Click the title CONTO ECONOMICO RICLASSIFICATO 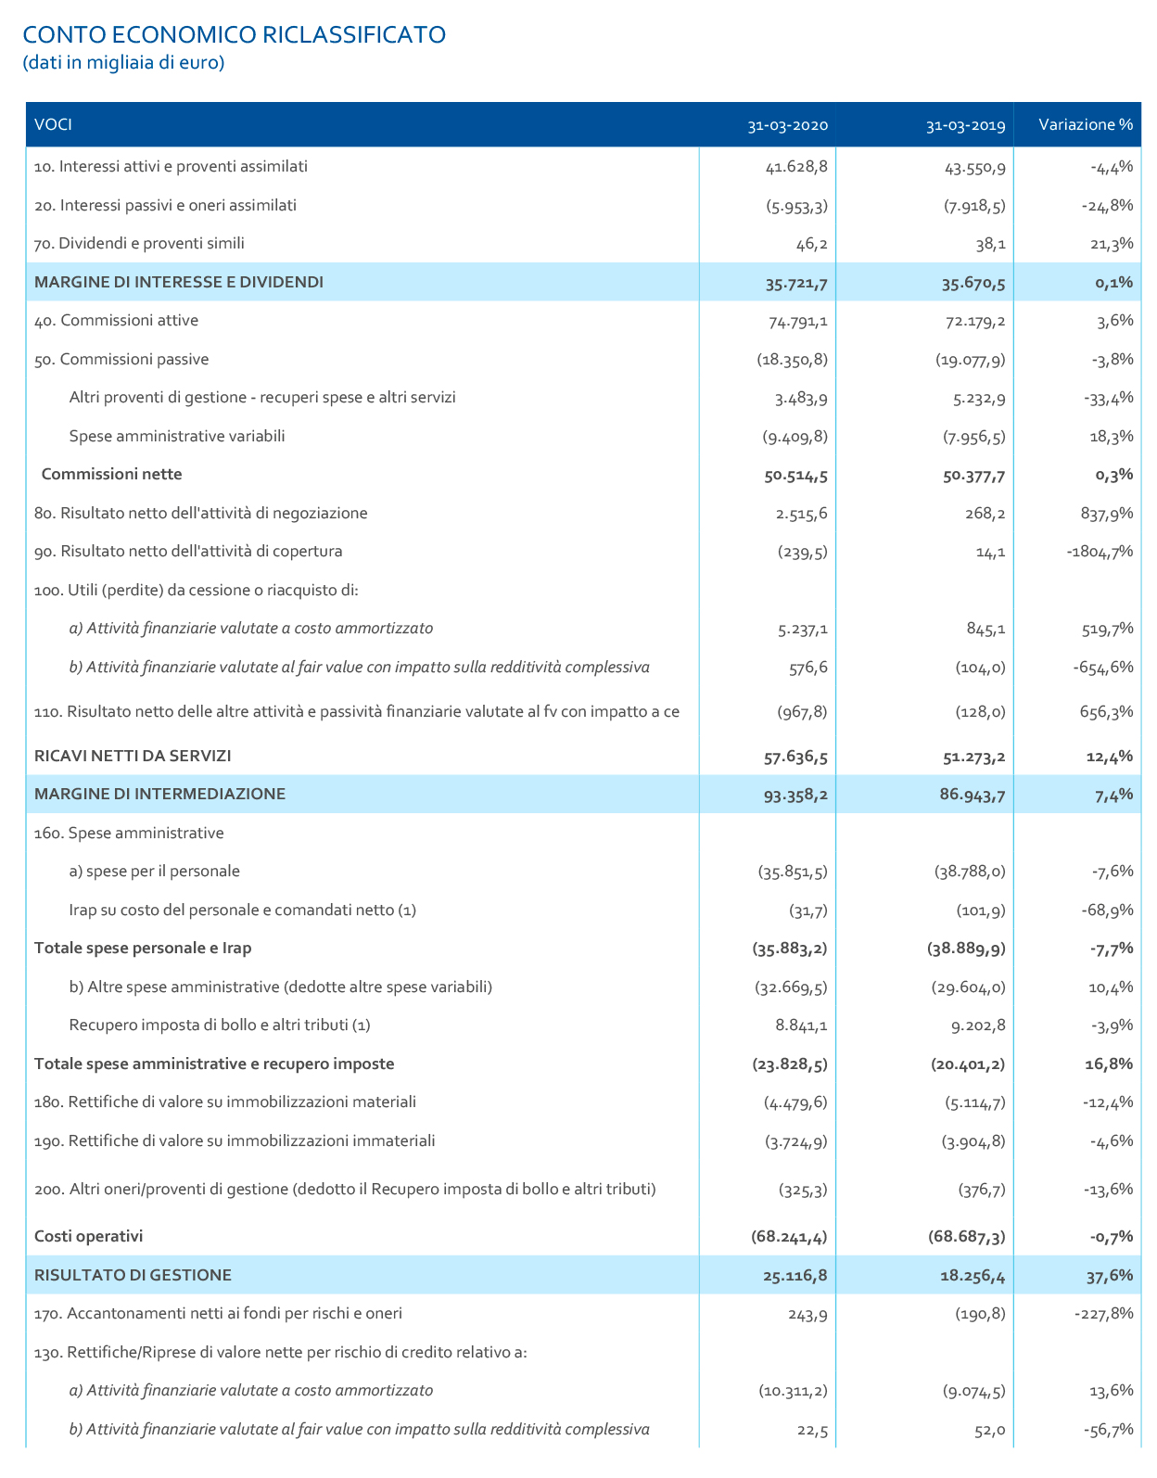[x=234, y=34]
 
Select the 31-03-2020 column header [x=787, y=125]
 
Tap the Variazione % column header [x=1086, y=125]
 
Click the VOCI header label [x=53, y=125]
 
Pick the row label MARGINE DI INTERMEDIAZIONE [x=159, y=794]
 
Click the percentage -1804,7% [x=1100, y=552]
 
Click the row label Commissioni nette [x=111, y=475]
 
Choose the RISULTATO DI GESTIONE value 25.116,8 [x=795, y=1276]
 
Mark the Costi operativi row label [x=88, y=1236]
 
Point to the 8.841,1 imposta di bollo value [x=801, y=1026]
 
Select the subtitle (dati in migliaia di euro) [x=122, y=63]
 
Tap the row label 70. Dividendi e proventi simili [x=139, y=244]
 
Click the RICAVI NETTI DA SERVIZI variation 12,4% [x=1109, y=757]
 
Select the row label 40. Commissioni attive [x=116, y=321]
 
